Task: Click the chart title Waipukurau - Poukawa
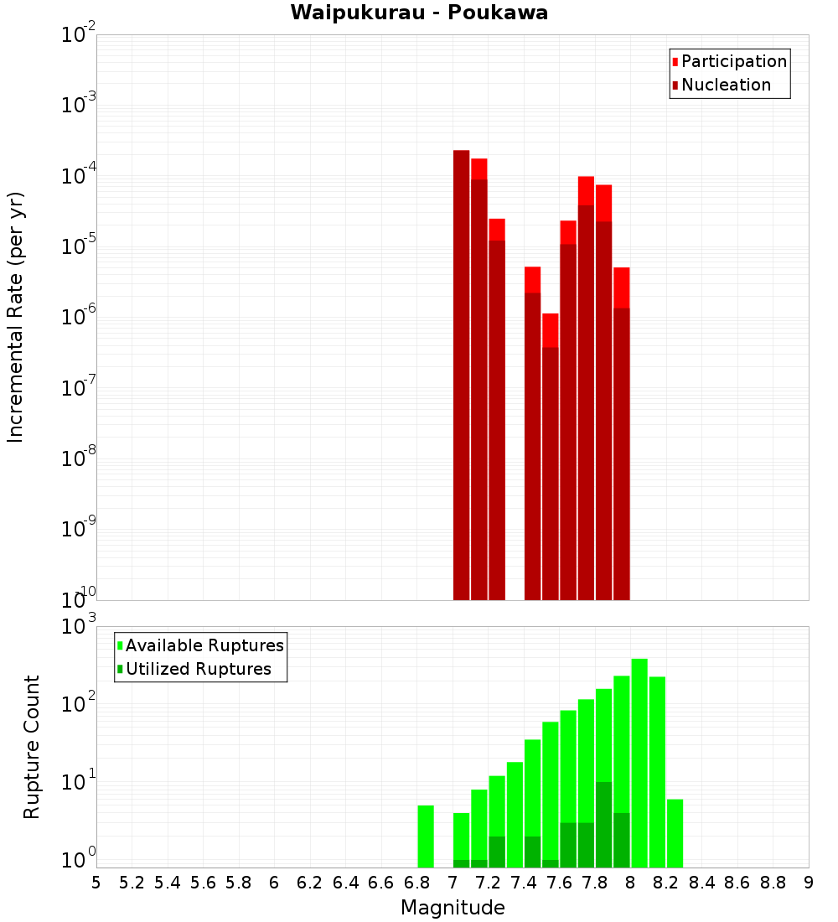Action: pos(419,13)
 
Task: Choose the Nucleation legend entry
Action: pos(725,85)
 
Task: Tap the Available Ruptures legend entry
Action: pos(204,645)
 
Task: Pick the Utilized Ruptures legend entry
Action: pos(198,669)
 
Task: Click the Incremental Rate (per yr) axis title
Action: pos(15,317)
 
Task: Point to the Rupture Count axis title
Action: pos(31,747)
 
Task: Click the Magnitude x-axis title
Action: pos(453,908)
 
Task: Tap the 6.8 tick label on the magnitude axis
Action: pos(416,883)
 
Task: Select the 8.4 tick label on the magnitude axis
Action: pos(701,883)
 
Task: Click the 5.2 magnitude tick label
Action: pos(132,883)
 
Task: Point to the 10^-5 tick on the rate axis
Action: pos(78,246)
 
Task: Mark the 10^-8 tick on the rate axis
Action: pos(78,458)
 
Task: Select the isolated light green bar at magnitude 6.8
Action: pos(426,837)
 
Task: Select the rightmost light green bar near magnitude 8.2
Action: pos(675,833)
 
